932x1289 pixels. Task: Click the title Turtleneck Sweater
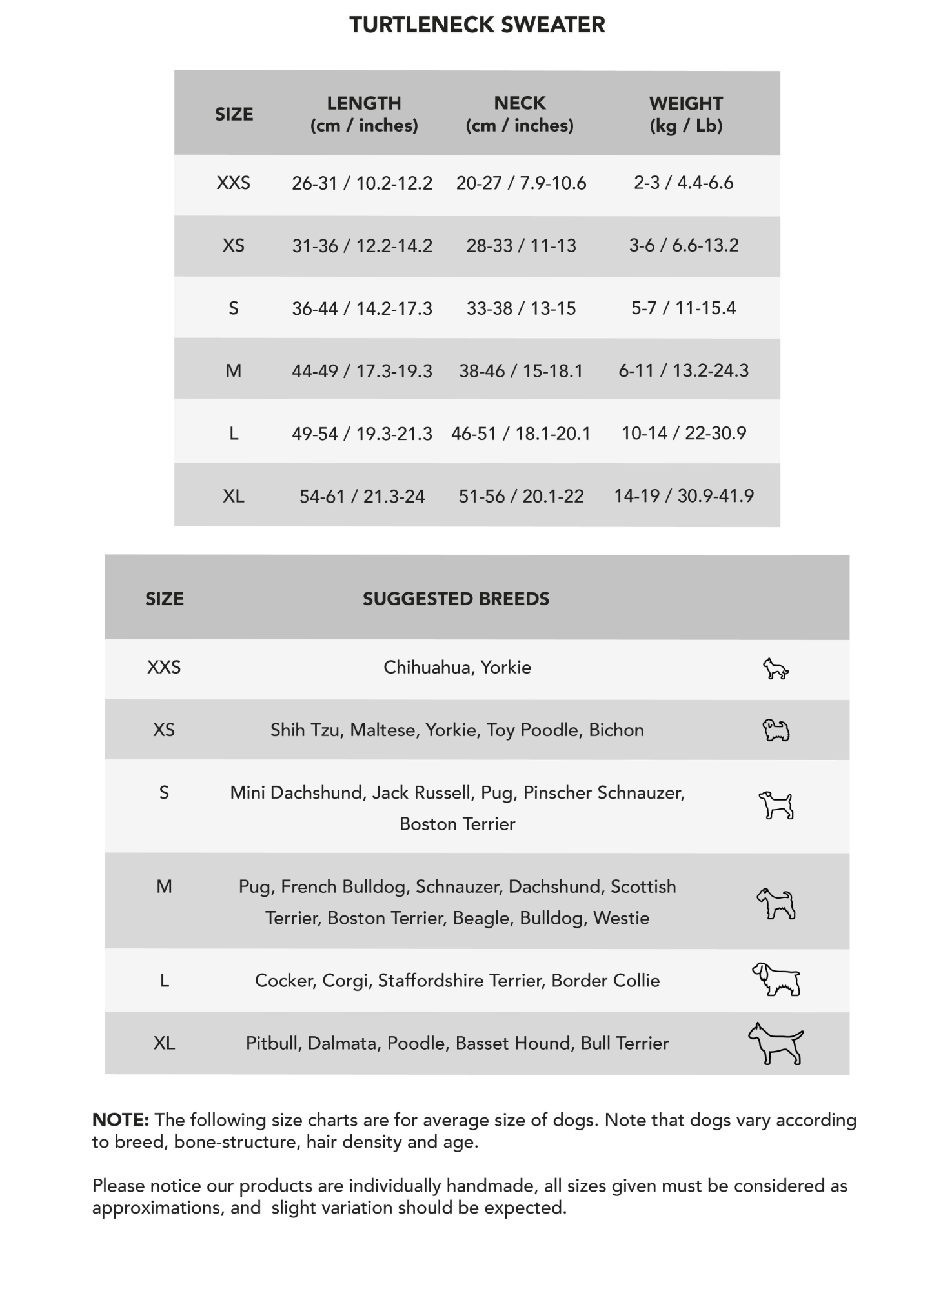point(477,25)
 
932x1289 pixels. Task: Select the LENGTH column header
point(364,114)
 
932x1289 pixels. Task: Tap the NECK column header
point(520,114)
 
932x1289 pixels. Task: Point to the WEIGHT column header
point(685,114)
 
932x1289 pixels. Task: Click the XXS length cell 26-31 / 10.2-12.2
point(361,183)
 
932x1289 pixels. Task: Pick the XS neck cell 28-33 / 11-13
point(521,246)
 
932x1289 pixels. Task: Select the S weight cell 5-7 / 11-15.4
point(684,308)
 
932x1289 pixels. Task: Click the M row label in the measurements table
point(234,371)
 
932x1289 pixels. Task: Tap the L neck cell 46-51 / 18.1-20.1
point(520,434)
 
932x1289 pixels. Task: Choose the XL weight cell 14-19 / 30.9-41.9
point(684,496)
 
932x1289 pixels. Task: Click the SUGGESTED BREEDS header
point(456,599)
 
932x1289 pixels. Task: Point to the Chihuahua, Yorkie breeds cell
point(457,667)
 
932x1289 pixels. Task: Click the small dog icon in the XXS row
point(775,669)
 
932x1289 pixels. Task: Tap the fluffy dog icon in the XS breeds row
point(776,730)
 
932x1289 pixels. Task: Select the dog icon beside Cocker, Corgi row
point(776,980)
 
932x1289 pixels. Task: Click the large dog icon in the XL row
point(776,1043)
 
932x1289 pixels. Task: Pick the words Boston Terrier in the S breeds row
point(457,824)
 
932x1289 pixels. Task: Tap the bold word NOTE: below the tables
point(121,1120)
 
